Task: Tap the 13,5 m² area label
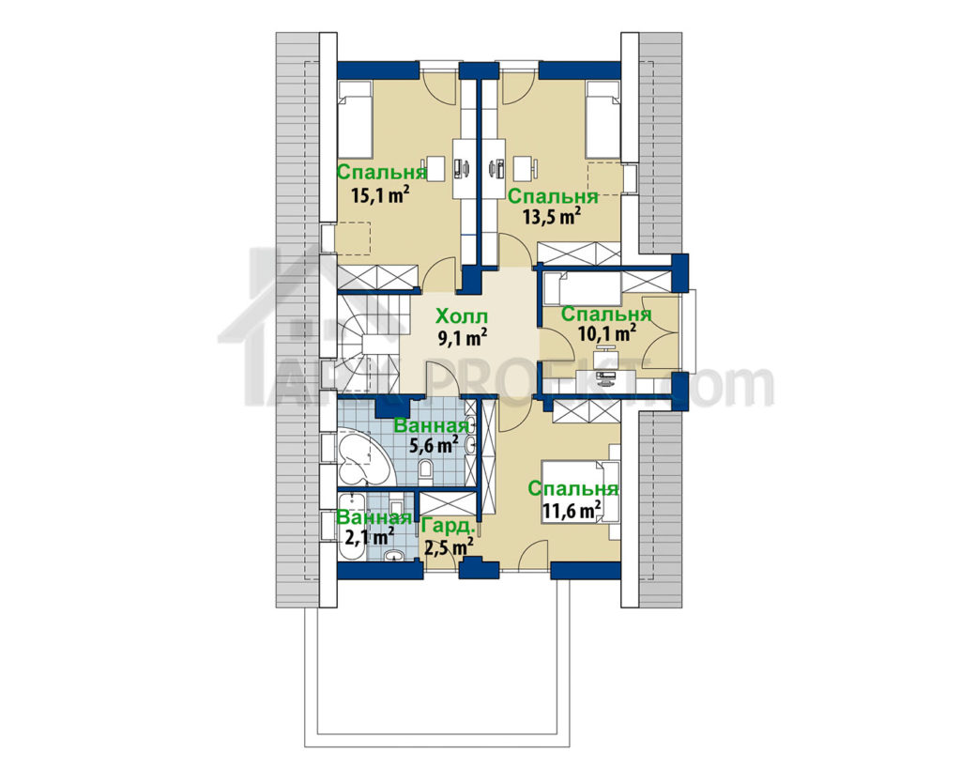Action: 552,216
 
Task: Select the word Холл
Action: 462,317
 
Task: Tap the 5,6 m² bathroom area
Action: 434,444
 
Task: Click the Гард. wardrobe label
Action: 449,527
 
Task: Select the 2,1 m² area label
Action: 369,537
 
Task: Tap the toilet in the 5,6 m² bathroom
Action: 426,469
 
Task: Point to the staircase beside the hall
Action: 368,344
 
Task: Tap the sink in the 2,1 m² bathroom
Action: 393,555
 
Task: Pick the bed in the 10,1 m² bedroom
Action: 582,288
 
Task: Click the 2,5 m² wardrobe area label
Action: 449,545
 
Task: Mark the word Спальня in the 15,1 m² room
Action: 381,172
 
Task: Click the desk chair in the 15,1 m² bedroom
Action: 435,169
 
